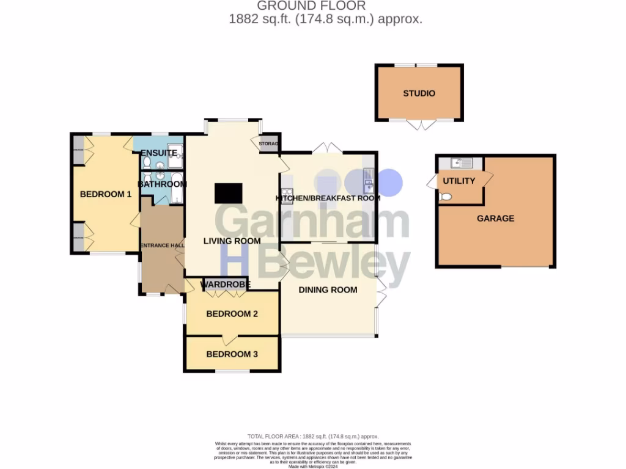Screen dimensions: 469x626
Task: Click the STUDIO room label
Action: [x=419, y=93]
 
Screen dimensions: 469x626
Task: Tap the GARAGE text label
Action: [x=495, y=218]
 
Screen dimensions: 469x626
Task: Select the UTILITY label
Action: [x=458, y=181]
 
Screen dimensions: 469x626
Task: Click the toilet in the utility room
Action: [x=446, y=197]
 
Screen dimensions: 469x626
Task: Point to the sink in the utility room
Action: [x=460, y=162]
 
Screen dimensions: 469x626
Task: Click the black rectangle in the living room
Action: [x=228, y=193]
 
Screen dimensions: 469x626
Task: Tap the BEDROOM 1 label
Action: [x=106, y=194]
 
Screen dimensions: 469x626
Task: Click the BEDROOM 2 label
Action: [x=232, y=314]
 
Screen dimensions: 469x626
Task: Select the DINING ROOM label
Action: [x=328, y=289]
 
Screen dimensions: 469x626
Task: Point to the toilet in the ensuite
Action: [x=147, y=162]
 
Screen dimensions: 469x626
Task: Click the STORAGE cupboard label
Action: [x=269, y=144]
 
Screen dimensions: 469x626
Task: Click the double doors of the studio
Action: [x=419, y=124]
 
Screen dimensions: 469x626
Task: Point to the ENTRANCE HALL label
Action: [x=162, y=245]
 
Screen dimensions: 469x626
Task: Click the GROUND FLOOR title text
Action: [x=311, y=6]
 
